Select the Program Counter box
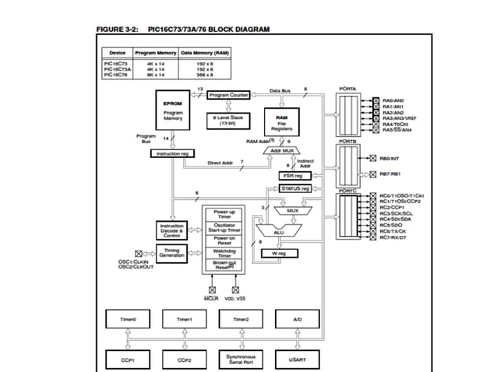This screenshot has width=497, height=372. pos(228,95)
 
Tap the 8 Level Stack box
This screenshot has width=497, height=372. pos(228,120)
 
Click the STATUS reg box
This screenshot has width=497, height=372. pos(295,188)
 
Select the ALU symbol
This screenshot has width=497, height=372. pos(280,231)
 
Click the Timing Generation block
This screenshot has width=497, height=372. pos(171,252)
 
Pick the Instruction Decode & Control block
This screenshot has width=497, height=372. pos(171,230)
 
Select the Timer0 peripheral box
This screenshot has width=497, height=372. pos(128,318)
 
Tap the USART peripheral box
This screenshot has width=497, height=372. pos(298,360)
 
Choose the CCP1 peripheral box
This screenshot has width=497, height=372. pos(128,360)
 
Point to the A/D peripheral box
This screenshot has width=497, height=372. pos(298,318)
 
